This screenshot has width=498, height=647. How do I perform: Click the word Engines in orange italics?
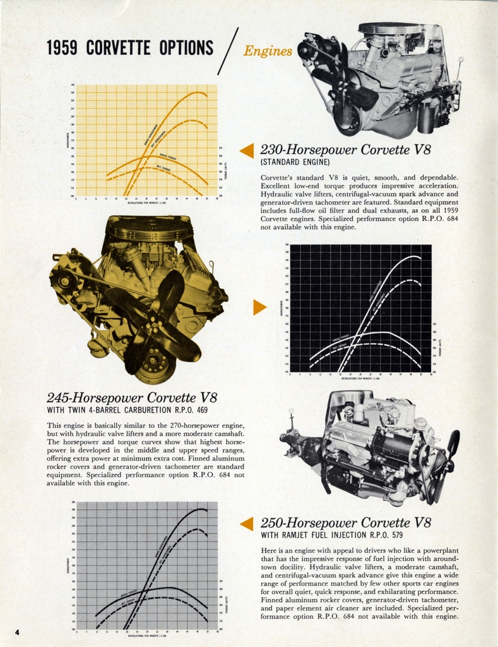coord(268,51)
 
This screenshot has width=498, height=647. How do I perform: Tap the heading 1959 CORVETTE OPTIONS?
coord(130,48)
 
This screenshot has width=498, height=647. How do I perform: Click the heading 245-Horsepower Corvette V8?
coord(131,397)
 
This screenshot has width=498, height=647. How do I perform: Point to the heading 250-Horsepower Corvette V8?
coord(345,523)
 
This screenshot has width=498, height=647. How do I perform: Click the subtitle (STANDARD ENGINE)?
coord(295,162)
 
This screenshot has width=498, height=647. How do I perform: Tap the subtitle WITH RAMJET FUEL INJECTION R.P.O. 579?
coord(332,536)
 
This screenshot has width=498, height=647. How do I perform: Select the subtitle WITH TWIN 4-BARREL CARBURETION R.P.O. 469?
coord(127,410)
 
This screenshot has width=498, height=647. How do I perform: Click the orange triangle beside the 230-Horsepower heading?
coord(247,150)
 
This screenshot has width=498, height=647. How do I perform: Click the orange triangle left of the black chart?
coord(259,307)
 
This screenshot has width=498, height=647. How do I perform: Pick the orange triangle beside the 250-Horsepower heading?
coord(247,523)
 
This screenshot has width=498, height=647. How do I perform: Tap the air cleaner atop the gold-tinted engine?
coord(149,227)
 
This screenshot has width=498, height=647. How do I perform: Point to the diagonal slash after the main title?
coord(228,51)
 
